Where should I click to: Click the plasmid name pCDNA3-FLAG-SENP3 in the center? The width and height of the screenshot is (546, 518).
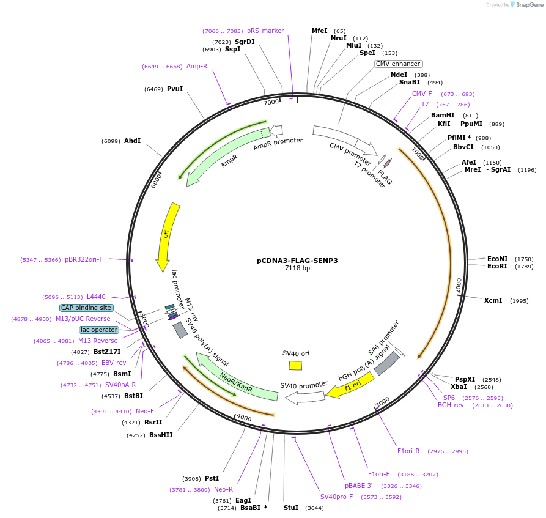point(297,261)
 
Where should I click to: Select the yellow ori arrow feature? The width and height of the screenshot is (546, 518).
point(166,235)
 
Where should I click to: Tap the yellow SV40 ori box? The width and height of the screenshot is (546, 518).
point(295,365)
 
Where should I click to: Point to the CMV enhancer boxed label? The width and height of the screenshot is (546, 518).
point(398,64)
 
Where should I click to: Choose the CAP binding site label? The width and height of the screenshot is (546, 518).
point(86,308)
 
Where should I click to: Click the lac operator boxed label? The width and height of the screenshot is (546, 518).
point(99,330)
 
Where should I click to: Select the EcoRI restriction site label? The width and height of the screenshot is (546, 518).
point(497,266)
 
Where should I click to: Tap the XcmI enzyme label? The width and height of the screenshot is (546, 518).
point(493,300)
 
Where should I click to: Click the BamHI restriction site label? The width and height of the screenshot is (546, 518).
point(443,115)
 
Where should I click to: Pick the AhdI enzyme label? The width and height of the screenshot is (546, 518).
point(132,141)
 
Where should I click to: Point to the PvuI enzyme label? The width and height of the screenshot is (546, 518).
point(175,89)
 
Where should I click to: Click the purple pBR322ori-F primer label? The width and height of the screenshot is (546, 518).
point(84,259)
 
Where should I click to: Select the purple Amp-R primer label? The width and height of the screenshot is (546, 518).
point(197,66)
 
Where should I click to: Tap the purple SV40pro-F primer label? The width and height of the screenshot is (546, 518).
point(337,497)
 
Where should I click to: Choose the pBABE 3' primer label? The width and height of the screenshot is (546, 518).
point(358,486)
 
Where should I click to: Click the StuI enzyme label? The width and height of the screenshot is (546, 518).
point(291,508)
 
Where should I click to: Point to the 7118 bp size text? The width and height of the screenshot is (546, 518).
point(297,268)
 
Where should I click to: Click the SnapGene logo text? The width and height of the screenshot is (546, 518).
point(530,5)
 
